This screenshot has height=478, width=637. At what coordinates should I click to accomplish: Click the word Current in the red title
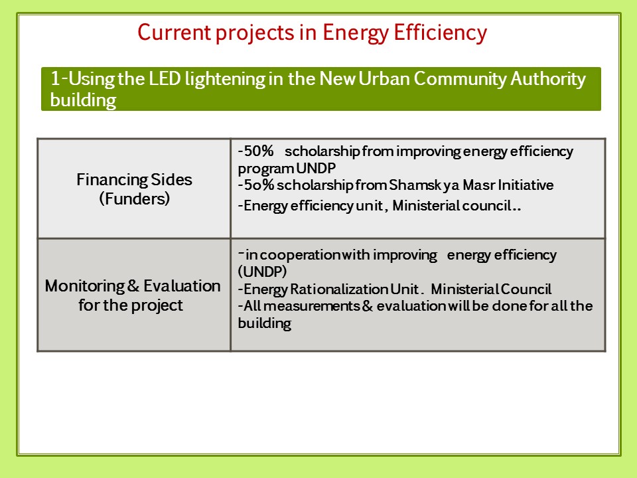(x=175, y=33)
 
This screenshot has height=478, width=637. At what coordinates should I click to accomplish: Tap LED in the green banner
(x=165, y=78)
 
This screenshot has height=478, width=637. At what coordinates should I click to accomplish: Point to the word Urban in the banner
(x=384, y=78)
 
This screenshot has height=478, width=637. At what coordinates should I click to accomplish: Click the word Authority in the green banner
(x=548, y=79)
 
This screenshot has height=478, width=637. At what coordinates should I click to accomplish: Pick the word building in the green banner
(x=84, y=100)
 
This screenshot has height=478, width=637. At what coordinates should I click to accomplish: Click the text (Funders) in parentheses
(x=135, y=199)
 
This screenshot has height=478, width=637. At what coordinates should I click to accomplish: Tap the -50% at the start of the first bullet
(x=255, y=151)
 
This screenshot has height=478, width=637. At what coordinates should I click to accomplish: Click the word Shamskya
(x=424, y=185)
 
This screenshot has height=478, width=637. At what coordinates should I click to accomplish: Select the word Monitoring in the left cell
(x=85, y=287)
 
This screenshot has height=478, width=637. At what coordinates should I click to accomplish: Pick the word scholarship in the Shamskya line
(x=315, y=186)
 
